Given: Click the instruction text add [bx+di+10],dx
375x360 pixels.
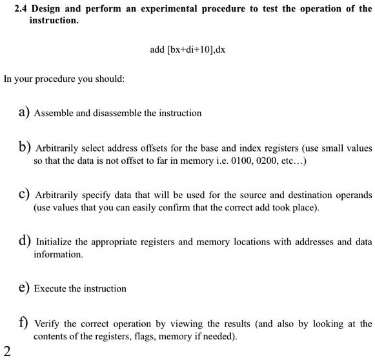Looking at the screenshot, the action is point(187,48).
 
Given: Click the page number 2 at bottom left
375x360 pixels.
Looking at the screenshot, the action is point(6,351).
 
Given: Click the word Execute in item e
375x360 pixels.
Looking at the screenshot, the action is point(49,288).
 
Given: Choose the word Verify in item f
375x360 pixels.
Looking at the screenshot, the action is point(46,324).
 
